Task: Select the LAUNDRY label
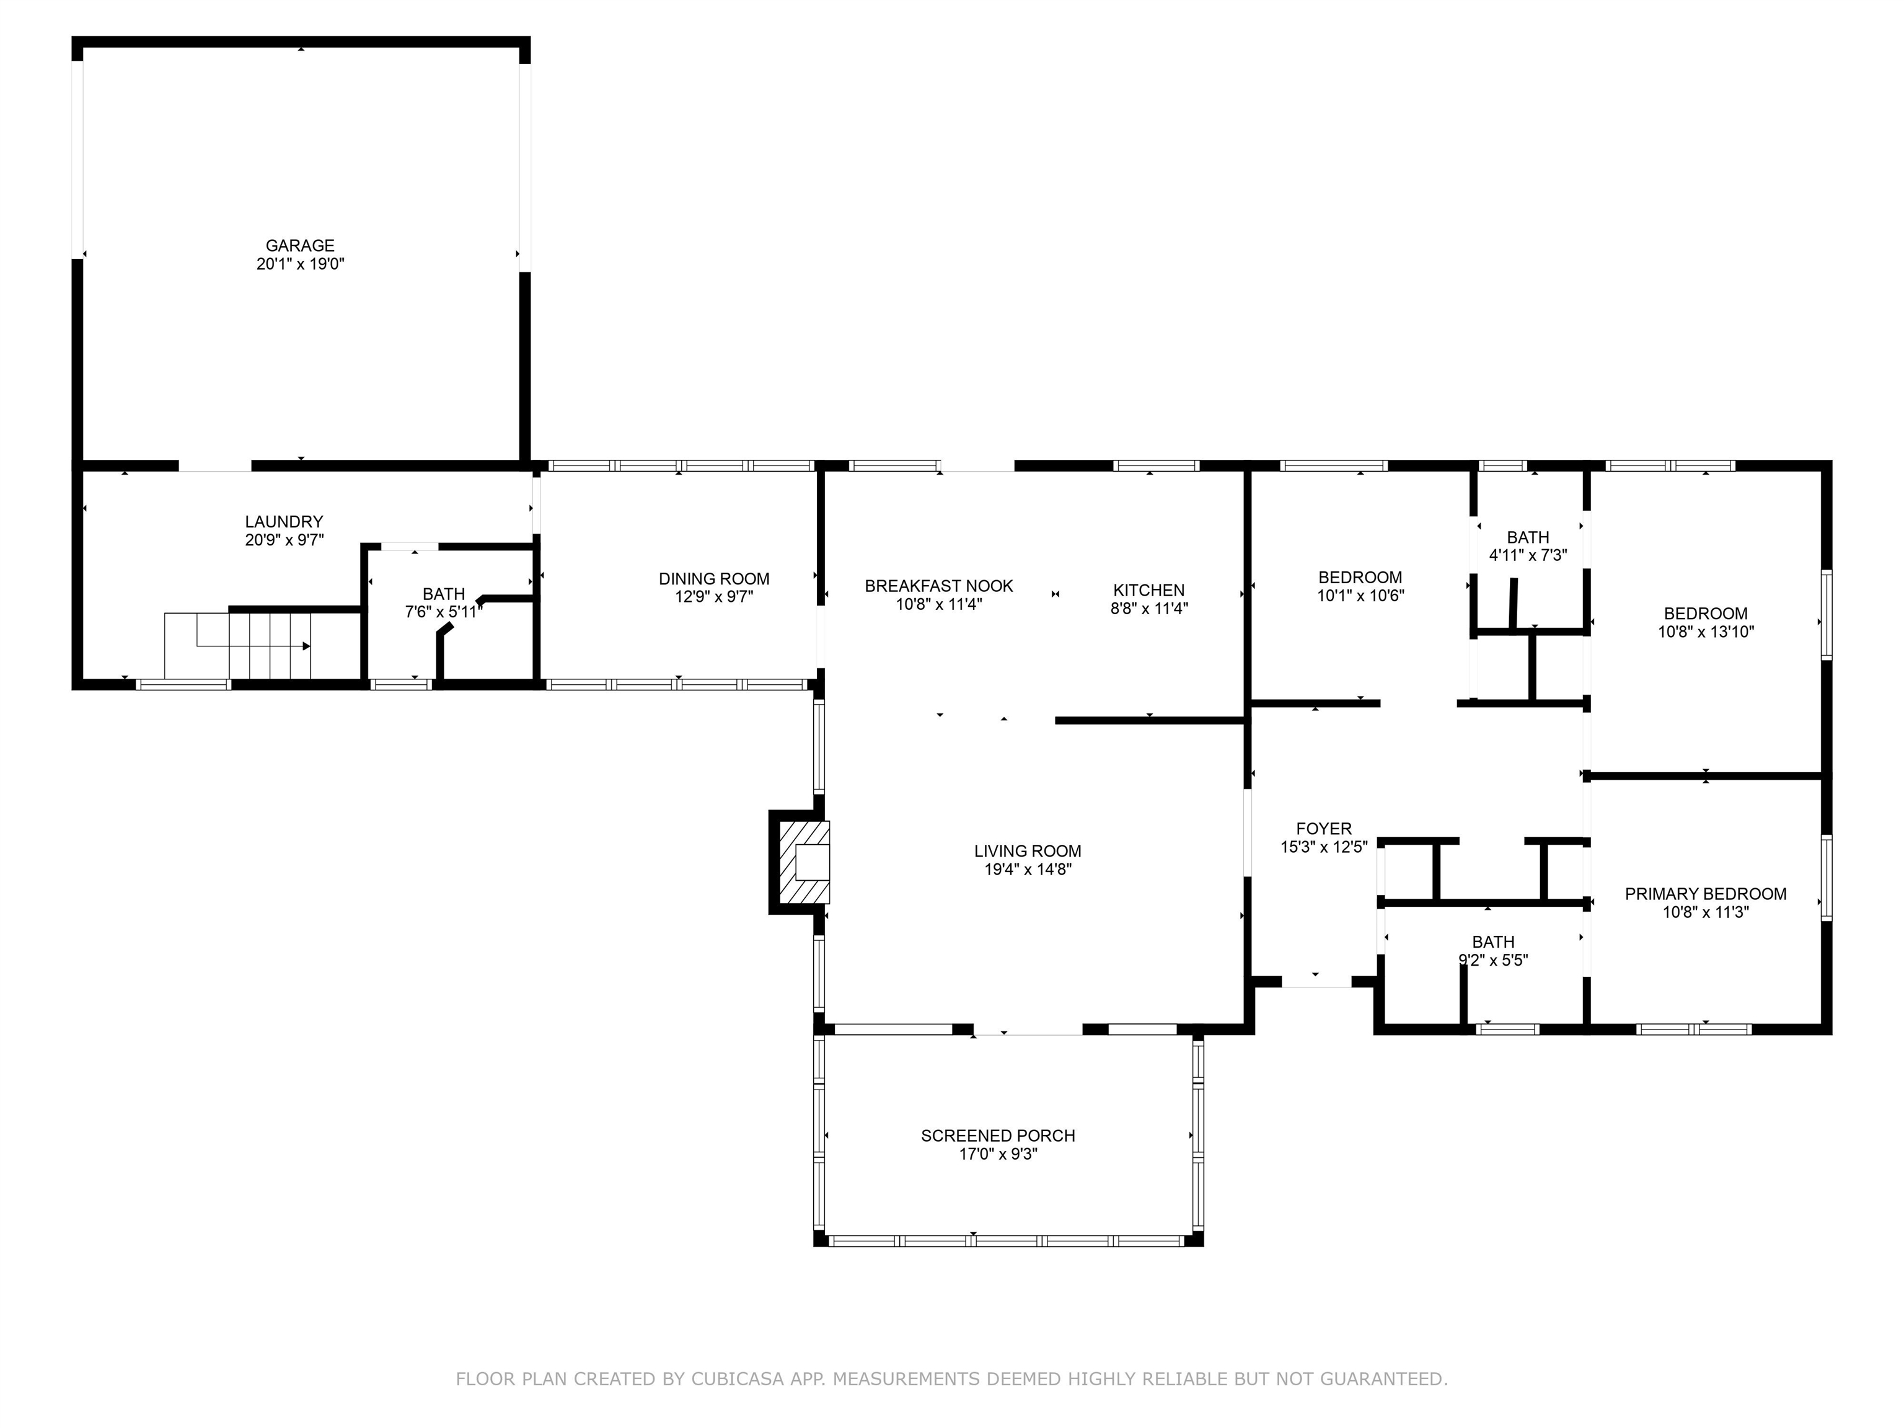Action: coord(284,522)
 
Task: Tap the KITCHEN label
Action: coord(1149,591)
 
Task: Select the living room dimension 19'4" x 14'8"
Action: coord(1028,870)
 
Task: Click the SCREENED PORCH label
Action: coord(998,1135)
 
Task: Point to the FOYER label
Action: coord(1324,829)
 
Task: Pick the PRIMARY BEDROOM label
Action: coord(1706,894)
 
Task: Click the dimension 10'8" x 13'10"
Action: coord(1706,632)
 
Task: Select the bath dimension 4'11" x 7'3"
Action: coord(1528,556)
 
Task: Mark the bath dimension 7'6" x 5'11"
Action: coord(444,612)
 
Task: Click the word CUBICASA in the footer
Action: coord(737,1379)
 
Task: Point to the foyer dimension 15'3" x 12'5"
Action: coord(1324,848)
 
